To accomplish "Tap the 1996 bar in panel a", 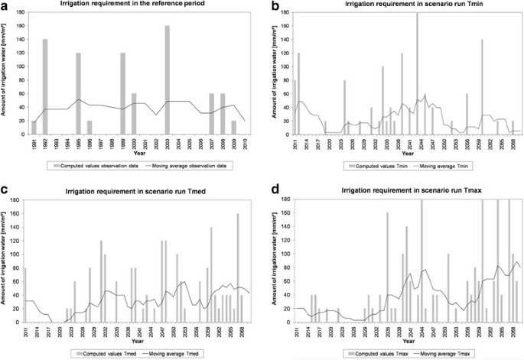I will pos(90,127).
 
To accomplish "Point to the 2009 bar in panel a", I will pos(234,127).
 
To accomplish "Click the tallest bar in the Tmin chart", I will pos(417,73).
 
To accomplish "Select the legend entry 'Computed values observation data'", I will pos(92,164).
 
